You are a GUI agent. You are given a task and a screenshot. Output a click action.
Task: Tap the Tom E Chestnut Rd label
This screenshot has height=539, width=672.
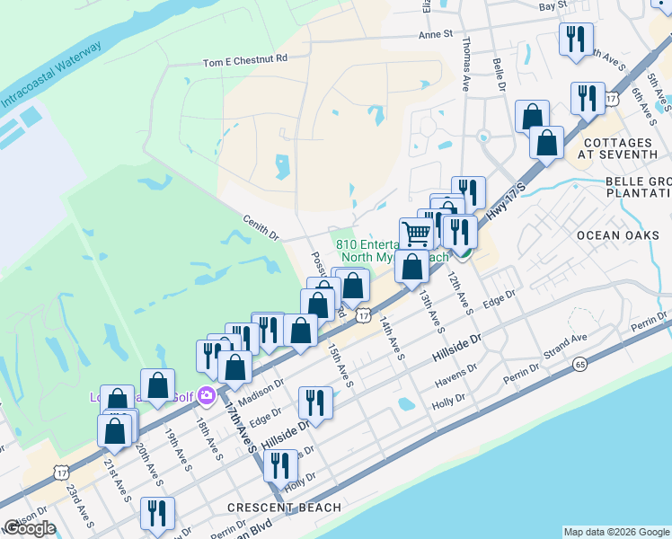tap(244, 60)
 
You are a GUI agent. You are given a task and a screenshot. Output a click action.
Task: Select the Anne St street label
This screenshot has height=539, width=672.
tap(438, 35)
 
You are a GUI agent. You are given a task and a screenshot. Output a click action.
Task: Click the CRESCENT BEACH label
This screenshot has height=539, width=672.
tap(284, 508)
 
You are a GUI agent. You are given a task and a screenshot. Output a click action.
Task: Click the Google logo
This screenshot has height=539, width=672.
tap(30, 529)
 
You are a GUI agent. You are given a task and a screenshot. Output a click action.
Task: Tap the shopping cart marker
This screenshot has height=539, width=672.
tap(416, 234)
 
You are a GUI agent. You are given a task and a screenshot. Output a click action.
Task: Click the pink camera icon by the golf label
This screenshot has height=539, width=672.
tap(206, 394)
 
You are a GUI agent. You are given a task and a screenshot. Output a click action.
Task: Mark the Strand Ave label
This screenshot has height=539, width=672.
tap(563, 343)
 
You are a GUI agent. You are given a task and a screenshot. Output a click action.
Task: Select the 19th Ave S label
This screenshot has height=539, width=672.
tap(177, 450)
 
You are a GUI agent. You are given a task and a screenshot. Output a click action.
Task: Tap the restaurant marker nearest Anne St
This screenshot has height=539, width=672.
tap(574, 40)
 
